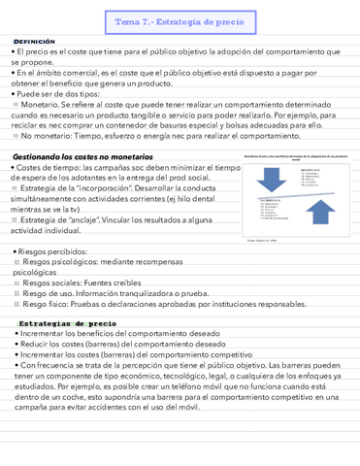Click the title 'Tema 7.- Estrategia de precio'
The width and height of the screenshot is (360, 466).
pos(180,20)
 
